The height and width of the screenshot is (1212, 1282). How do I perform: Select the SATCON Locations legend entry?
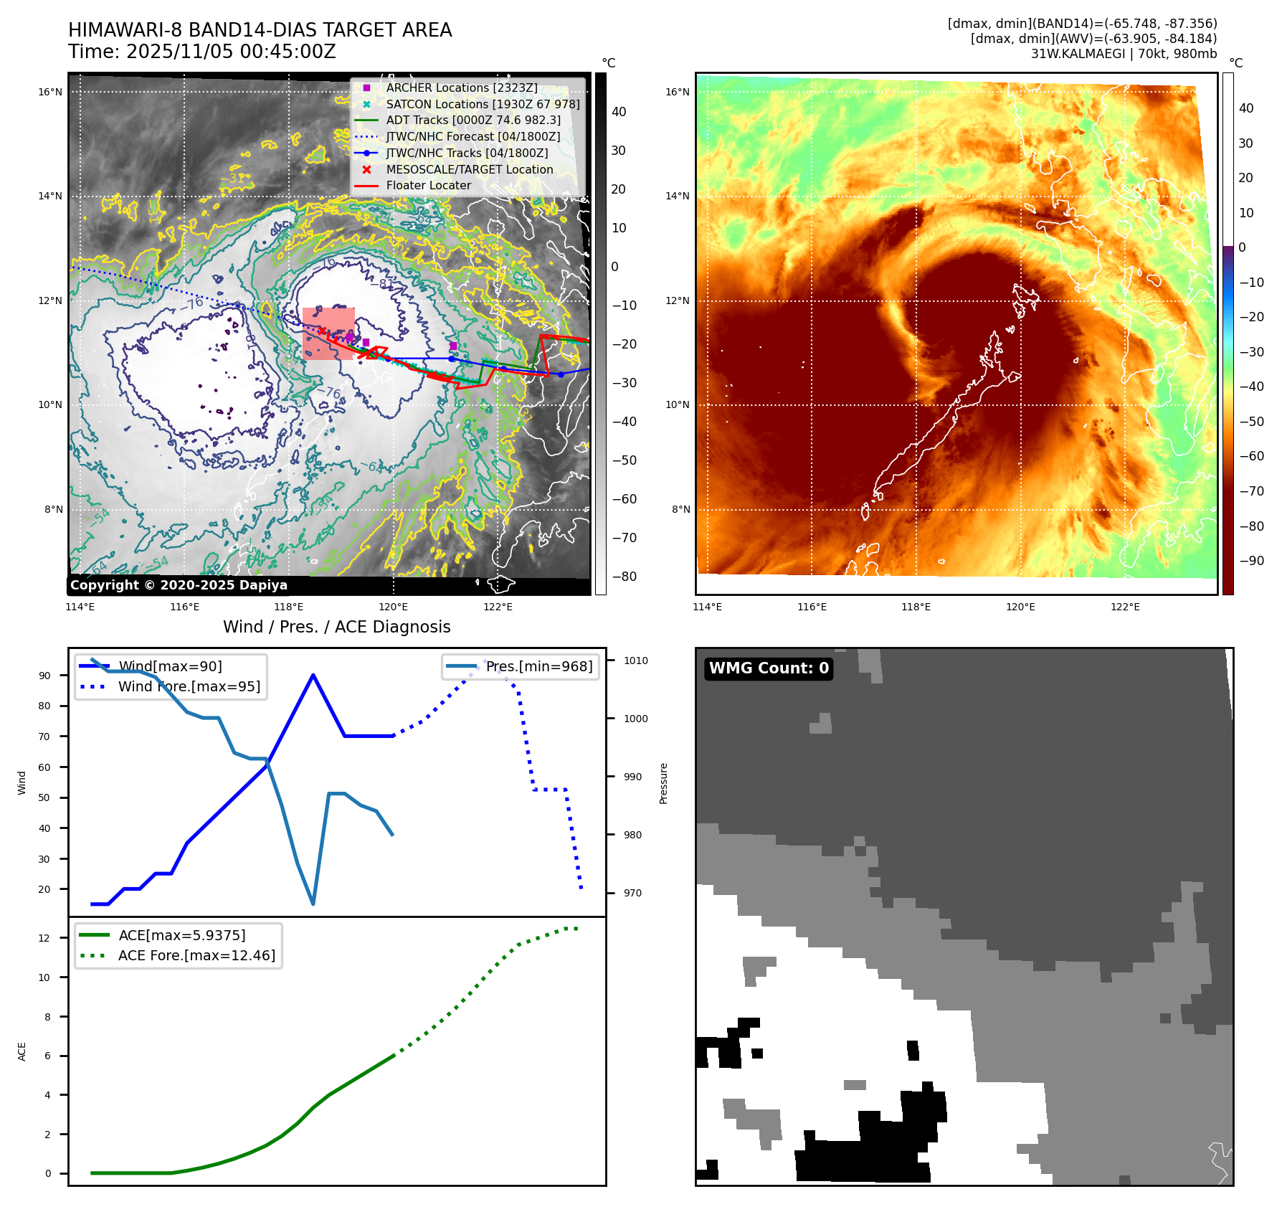click(482, 104)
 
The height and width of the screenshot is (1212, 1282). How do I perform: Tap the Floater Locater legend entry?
click(428, 185)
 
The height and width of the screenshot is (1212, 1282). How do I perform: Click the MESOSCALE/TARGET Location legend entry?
click(469, 169)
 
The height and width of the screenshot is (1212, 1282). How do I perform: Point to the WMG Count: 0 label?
click(769, 668)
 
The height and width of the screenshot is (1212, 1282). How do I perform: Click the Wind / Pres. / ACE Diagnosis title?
click(336, 627)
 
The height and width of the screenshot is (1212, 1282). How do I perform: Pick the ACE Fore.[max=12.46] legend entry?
click(196, 955)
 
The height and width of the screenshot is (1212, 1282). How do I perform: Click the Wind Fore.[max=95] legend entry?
click(189, 686)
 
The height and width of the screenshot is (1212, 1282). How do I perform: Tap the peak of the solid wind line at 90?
click(313, 675)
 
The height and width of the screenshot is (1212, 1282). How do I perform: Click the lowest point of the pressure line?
click(313, 904)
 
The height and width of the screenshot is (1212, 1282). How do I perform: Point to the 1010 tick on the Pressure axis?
click(635, 661)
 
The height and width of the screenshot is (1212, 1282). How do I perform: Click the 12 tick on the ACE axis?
click(44, 938)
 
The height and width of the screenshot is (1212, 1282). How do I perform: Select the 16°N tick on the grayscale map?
click(50, 92)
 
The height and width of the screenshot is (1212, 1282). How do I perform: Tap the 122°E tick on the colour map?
click(1124, 607)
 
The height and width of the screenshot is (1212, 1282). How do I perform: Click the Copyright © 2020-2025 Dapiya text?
click(179, 585)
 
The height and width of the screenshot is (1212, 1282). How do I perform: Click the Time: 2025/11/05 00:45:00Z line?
click(201, 52)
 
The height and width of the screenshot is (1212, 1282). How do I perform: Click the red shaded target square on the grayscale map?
click(328, 333)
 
